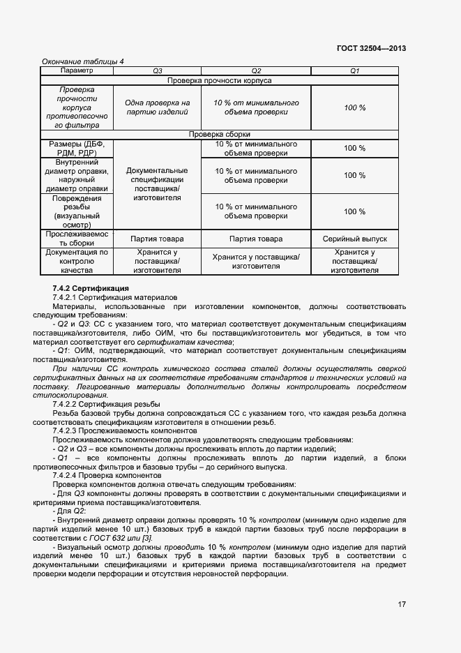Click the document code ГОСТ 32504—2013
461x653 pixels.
coord(371,48)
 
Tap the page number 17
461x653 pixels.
coord(402,604)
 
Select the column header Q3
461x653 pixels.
coord(157,71)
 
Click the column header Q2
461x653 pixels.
coord(256,71)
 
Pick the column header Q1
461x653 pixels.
coord(354,71)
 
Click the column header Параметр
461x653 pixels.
coord(77,71)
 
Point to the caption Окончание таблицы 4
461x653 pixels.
coord(83,61)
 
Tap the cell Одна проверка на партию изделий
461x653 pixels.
coord(157,107)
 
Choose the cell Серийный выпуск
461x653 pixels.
coord(354,239)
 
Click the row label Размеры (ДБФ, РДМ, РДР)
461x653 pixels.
coord(77,149)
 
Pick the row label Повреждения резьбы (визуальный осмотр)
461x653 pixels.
coord(77,211)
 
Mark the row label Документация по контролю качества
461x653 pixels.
coord(77,261)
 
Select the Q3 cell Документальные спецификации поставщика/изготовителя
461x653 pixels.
coord(157,184)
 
